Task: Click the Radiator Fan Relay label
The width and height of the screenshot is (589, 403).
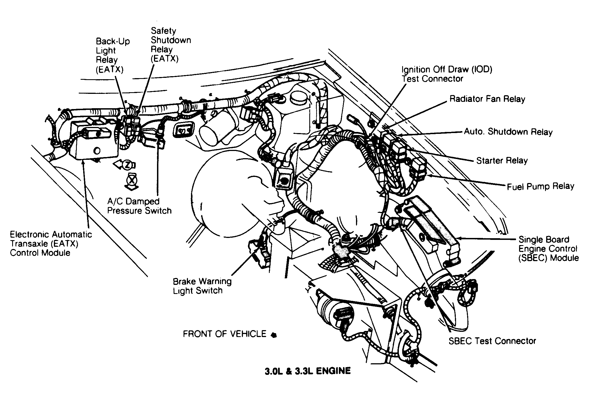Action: point(487,99)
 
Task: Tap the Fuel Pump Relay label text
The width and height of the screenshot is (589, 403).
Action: point(540,187)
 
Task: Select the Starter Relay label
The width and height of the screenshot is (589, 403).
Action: point(502,160)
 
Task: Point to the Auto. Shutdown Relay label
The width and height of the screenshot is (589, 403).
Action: point(508,132)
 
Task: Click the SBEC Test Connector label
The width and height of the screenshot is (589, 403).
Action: point(492,341)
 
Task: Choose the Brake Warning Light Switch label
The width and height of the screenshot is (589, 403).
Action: point(202,286)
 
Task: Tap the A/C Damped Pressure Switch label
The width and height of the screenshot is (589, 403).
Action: point(139,206)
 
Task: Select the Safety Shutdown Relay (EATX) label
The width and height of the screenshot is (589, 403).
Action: point(170,45)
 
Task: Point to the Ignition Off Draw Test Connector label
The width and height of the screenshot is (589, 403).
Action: point(446,74)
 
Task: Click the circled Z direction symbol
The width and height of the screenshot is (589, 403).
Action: point(127,165)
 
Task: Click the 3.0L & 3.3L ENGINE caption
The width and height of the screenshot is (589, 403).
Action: point(307,371)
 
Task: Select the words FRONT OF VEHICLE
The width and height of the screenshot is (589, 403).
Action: point(224,334)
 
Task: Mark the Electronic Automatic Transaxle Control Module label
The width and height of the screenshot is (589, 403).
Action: point(51,243)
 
